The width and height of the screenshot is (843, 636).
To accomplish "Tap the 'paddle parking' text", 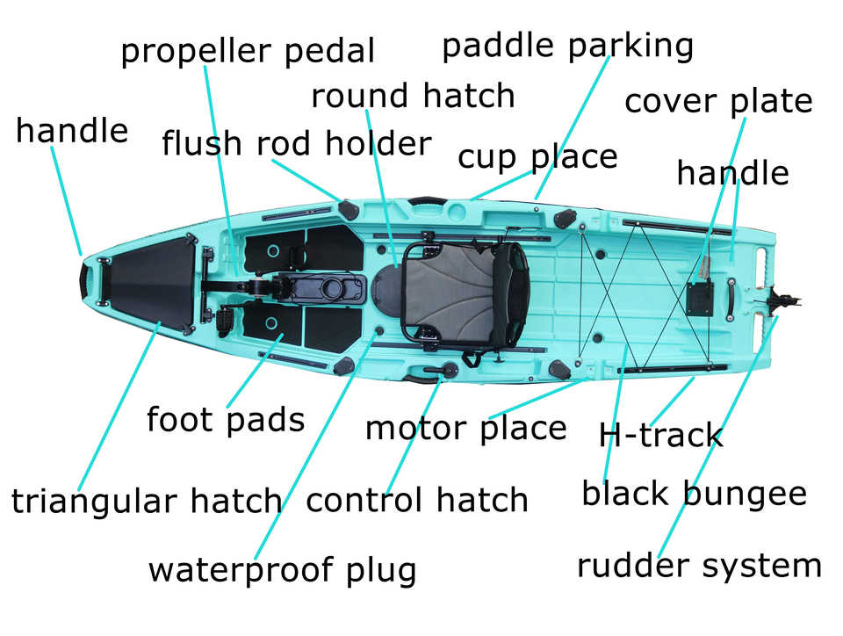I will (567, 46).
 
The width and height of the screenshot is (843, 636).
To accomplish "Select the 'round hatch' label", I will (413, 96).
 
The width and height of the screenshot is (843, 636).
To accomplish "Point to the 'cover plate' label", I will (717, 102).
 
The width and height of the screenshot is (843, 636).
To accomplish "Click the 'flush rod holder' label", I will (296, 144).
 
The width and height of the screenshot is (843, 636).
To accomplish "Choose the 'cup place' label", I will (537, 158).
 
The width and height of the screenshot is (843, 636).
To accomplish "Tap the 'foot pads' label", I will (225, 420).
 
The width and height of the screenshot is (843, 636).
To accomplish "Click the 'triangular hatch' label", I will (147, 502).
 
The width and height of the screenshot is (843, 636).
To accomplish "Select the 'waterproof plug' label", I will (282, 570).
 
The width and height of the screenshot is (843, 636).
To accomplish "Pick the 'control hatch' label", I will (417, 501).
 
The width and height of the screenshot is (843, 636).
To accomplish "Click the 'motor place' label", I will (465, 429).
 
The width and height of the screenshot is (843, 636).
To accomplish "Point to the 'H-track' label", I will (659, 435).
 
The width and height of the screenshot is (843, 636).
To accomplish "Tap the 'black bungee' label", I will (694, 494).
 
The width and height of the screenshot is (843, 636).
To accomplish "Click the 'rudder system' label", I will (699, 566).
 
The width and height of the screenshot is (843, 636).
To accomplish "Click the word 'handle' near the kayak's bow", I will (72, 132).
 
